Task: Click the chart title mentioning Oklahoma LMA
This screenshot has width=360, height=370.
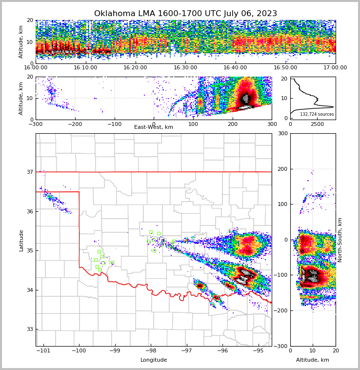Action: (x=185, y=14)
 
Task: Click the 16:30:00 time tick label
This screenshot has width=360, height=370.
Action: (x=185, y=68)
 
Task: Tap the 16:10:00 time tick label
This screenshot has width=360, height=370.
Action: (x=85, y=68)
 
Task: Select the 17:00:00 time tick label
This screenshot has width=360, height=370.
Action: (x=336, y=68)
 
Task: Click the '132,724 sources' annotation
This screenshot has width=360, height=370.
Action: (x=317, y=114)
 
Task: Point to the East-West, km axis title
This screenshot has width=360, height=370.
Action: (x=154, y=127)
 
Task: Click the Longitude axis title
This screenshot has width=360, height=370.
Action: (x=154, y=360)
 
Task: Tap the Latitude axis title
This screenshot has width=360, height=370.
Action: (x=21, y=240)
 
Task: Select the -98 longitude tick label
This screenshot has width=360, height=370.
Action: (x=151, y=350)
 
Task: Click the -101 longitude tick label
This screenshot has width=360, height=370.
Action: (x=44, y=350)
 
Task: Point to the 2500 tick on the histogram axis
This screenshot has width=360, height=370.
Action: (x=318, y=124)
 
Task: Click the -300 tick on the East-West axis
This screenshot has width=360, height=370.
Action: (x=36, y=124)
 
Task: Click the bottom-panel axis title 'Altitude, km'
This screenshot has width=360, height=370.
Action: (x=313, y=360)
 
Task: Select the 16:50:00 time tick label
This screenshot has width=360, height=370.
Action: (x=285, y=68)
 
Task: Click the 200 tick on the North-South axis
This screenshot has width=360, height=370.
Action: (x=283, y=169)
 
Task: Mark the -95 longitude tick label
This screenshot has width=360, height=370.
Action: (x=258, y=350)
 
